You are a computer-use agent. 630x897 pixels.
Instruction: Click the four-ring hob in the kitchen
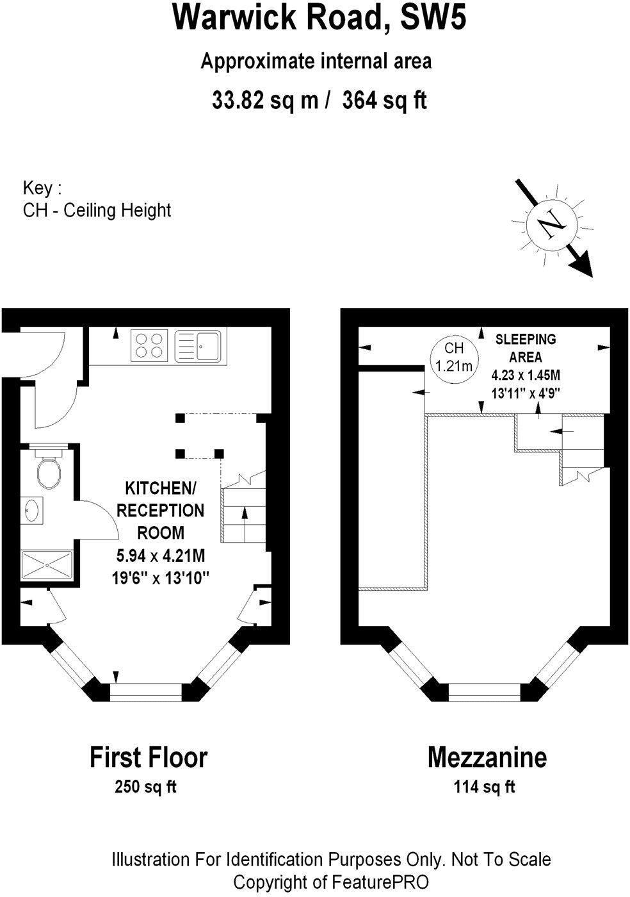[x=149, y=345]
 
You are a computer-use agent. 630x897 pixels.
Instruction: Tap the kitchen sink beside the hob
[x=198, y=345]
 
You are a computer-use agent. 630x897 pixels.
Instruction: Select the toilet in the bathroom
[x=49, y=466]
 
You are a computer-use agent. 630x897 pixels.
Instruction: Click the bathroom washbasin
[x=32, y=511]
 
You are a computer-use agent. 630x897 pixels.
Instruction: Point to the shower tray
[x=47, y=565]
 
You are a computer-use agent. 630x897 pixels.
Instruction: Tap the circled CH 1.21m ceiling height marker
[x=454, y=357]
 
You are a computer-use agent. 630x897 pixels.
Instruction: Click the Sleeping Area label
[x=526, y=348]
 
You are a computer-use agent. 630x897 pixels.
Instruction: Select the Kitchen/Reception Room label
[x=160, y=511]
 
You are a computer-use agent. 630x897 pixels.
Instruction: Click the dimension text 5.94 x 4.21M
[x=161, y=556]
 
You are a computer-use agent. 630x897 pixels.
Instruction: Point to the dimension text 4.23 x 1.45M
[x=526, y=375]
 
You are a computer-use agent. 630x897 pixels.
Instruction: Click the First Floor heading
[x=149, y=757]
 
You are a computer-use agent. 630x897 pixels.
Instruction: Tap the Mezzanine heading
[x=487, y=757]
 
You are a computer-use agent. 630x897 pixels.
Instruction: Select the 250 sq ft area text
[x=145, y=787]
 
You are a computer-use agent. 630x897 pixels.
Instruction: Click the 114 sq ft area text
[x=484, y=787]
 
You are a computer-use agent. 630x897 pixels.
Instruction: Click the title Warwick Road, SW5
[x=319, y=18]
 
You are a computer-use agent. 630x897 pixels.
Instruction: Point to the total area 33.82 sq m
[x=265, y=100]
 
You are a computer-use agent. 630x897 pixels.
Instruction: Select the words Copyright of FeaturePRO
[x=331, y=882]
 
